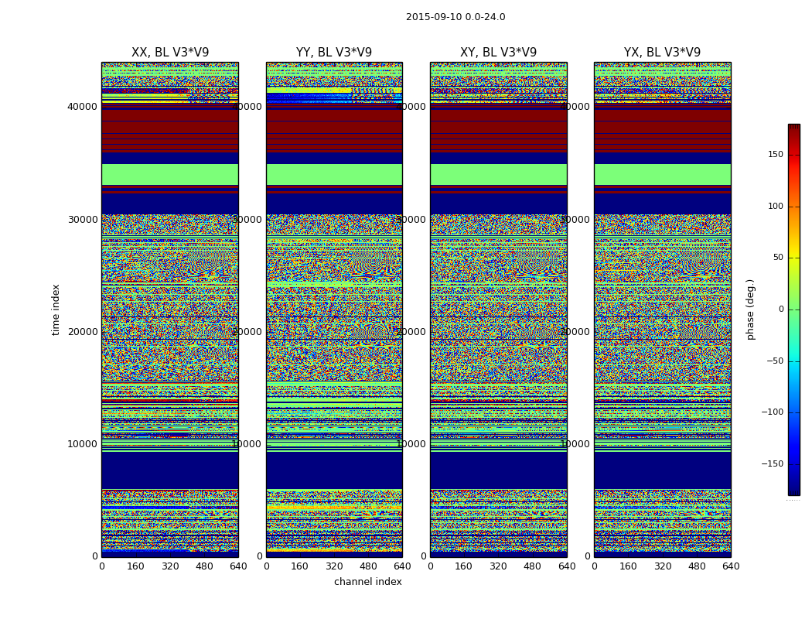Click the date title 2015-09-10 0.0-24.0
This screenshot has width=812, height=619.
click(455, 17)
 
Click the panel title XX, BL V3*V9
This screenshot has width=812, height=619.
click(170, 53)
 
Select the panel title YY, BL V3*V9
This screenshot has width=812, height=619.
click(334, 53)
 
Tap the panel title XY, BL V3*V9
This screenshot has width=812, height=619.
click(498, 53)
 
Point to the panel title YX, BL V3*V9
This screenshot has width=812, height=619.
click(662, 53)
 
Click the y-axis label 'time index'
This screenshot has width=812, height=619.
click(56, 309)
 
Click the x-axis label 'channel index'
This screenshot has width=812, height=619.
click(368, 582)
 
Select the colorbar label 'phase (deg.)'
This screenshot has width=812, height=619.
click(751, 309)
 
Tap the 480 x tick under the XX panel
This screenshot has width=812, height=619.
click(204, 566)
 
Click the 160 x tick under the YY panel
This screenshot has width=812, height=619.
click(300, 566)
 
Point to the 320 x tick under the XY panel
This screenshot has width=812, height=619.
click(498, 566)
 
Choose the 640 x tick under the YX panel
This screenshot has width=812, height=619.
click(731, 566)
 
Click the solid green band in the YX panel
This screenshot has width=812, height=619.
click(662, 174)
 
